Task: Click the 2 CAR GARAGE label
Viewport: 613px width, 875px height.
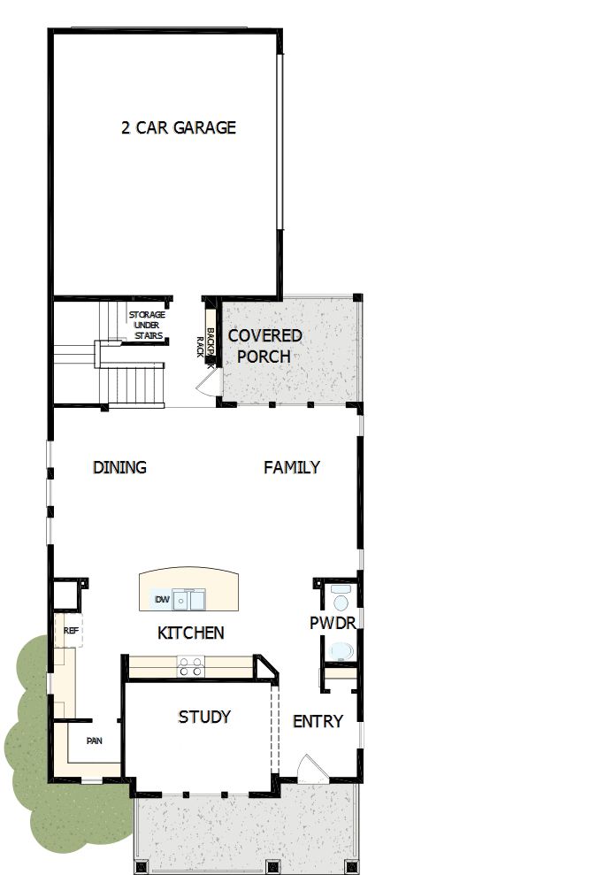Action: [179, 127]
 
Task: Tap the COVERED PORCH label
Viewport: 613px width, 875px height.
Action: [264, 346]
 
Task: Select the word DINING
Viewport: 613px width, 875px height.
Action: [119, 467]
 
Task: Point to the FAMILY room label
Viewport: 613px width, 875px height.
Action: [292, 467]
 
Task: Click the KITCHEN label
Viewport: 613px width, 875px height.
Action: [190, 633]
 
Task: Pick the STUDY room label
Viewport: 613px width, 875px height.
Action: [204, 716]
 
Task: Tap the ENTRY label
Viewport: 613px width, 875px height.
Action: [318, 721]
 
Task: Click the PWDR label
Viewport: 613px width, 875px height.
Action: [333, 623]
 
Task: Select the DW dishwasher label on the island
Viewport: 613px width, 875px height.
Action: [162, 601]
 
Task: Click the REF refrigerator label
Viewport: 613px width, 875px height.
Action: [71, 631]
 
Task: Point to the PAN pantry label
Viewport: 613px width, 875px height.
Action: [95, 741]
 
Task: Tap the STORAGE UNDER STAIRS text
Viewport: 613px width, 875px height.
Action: [147, 325]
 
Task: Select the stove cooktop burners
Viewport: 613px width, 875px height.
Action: [189, 666]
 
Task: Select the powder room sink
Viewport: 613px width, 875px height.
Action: [340, 591]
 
